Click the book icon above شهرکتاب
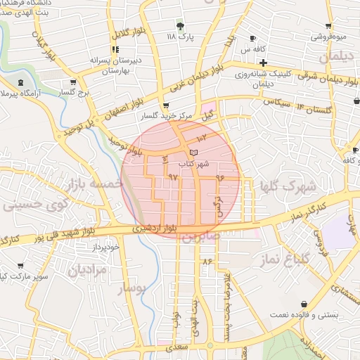click(194, 153)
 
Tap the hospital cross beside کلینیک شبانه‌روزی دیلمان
click(262, 63)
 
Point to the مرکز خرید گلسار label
click(167, 115)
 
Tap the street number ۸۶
click(207, 262)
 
